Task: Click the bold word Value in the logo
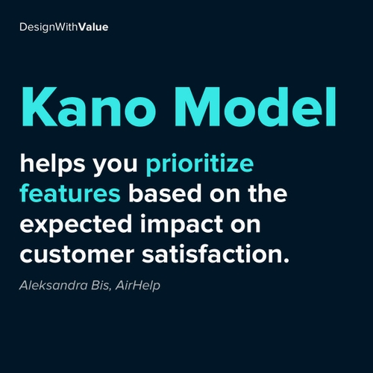pos(94,26)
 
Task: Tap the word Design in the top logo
pos(36,26)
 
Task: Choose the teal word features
pos(70,194)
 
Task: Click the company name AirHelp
pos(138,286)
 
